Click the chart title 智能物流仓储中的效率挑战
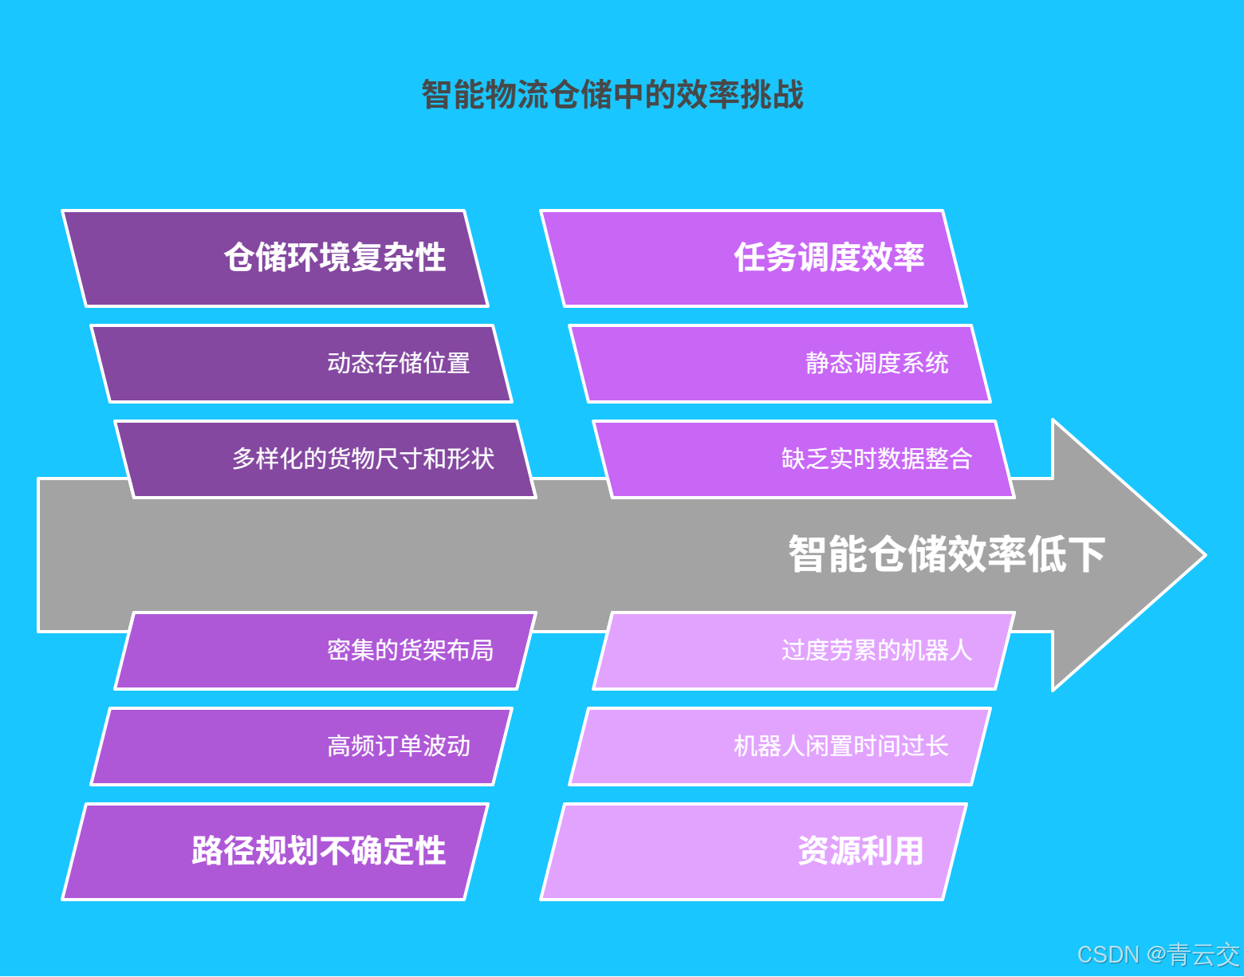point(612,94)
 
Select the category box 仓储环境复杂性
point(275,258)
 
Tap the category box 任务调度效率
point(754,258)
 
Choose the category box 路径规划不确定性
point(275,852)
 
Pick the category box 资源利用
point(754,852)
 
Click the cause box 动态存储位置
point(301,364)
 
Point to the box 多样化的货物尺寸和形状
point(325,459)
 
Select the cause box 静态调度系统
point(780,364)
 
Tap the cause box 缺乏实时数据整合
point(804,459)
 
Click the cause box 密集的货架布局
point(325,651)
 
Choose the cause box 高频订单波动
point(301,747)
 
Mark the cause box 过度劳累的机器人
point(804,651)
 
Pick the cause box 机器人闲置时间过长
point(780,747)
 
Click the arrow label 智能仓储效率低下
point(947,554)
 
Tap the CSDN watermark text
point(1158,955)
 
